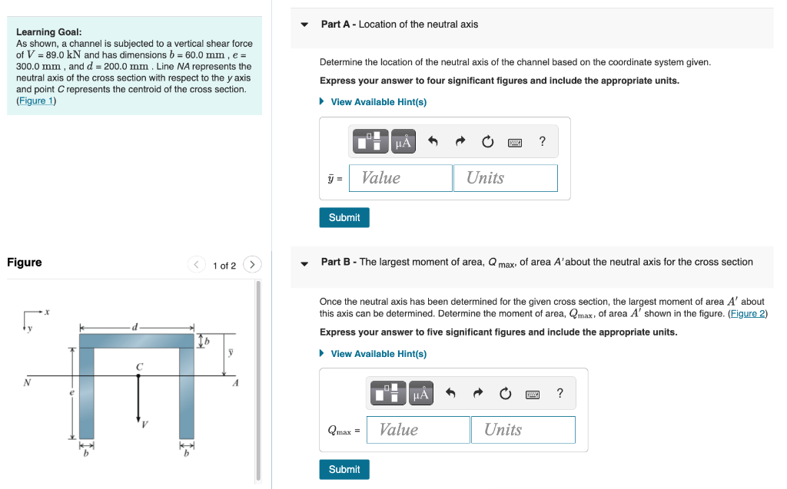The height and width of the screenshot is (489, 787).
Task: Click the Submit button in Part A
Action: point(344,217)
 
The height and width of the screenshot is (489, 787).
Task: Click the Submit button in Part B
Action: point(344,469)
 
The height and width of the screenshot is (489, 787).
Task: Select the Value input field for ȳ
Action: point(400,178)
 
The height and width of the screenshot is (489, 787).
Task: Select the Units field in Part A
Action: point(505,178)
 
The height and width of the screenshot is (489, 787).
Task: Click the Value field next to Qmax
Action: point(418,430)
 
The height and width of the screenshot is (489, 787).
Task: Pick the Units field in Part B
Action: point(523,430)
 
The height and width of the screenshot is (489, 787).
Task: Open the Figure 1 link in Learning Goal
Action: point(36,101)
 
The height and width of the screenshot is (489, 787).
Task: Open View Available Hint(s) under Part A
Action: point(378,102)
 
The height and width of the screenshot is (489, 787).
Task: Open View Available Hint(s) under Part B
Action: point(378,354)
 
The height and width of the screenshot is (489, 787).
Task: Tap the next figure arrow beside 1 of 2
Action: point(252,265)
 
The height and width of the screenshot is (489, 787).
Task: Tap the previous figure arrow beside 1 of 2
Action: point(197,265)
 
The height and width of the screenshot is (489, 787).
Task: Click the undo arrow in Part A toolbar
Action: point(433,141)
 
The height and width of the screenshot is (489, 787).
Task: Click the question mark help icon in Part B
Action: point(560,394)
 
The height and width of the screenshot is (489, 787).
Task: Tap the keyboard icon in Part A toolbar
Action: point(515,142)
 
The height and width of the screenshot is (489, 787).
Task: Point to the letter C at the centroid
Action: point(139,367)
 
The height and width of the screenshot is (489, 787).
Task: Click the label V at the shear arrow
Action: point(144,425)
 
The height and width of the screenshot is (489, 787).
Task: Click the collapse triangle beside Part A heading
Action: point(304,25)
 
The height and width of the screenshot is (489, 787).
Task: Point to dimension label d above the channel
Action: point(135,327)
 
